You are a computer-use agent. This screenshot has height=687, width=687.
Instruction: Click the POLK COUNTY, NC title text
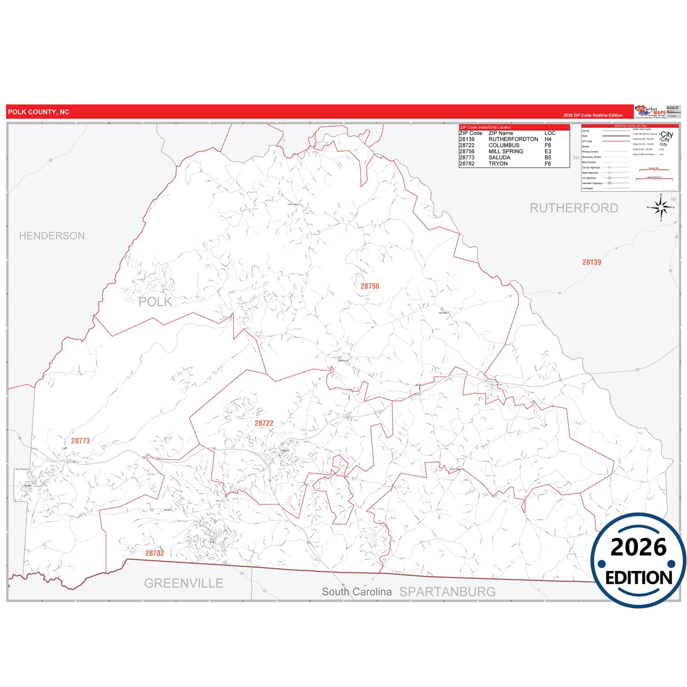pyautogui.click(x=39, y=112)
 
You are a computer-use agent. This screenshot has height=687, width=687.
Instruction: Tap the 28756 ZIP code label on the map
pyautogui.click(x=370, y=286)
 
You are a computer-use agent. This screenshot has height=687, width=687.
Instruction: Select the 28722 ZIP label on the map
pyautogui.click(x=264, y=423)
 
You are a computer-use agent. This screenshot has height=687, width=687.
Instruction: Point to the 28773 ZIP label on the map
pyautogui.click(x=80, y=441)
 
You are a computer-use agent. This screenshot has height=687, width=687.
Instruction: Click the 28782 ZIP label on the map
pyautogui.click(x=155, y=553)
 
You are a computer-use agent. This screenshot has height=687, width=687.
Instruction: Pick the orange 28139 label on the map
pyautogui.click(x=591, y=262)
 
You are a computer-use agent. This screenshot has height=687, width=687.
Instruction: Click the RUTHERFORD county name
pyautogui.click(x=574, y=208)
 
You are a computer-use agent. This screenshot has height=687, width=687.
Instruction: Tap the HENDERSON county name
pyautogui.click(x=52, y=236)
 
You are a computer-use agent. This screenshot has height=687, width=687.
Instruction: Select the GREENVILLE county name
pyautogui.click(x=184, y=583)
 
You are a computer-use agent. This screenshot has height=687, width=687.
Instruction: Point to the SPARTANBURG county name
pyautogui.click(x=447, y=592)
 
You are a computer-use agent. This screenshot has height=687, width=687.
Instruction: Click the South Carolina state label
pyautogui.click(x=357, y=592)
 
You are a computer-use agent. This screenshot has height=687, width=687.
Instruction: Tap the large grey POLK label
pyautogui.click(x=155, y=302)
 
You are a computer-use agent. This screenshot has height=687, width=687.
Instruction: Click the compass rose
pyautogui.click(x=661, y=207)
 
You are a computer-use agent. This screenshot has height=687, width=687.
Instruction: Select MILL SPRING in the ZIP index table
pyautogui.click(x=505, y=152)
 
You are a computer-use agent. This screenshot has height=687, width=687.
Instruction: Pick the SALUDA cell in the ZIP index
pyautogui.click(x=499, y=157)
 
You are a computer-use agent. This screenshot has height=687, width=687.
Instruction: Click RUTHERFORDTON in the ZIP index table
pyautogui.click(x=513, y=139)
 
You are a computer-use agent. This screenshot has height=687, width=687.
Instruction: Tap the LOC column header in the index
pyautogui.click(x=550, y=134)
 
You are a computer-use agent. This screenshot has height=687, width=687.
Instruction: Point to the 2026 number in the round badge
pyautogui.click(x=639, y=547)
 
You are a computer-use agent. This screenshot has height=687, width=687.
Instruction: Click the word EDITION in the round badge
pyautogui.click(x=639, y=578)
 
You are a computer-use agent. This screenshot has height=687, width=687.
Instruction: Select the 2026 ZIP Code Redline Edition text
pyautogui.click(x=592, y=116)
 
